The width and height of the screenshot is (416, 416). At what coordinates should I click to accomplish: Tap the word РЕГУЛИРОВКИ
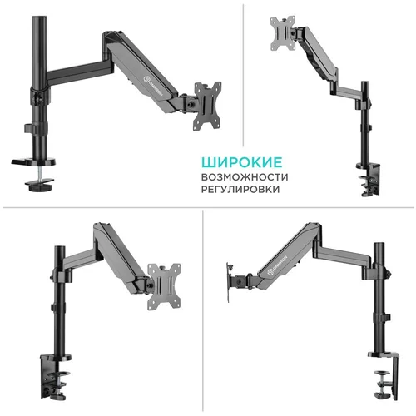point(240,190)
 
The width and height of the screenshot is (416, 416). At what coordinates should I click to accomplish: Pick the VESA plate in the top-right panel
point(282,34)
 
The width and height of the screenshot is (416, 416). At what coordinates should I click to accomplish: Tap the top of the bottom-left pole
point(59,249)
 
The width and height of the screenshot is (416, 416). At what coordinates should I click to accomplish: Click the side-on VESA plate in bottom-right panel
point(229,278)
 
